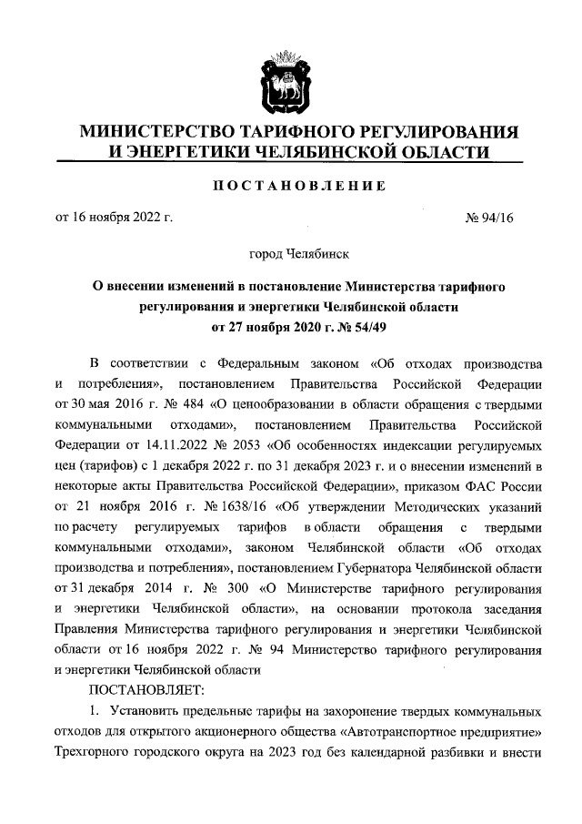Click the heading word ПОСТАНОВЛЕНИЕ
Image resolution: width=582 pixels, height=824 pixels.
coord(290,186)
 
